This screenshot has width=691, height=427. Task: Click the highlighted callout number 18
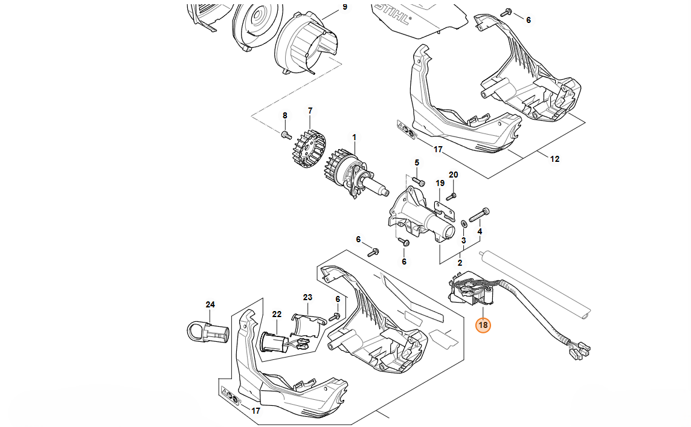pos(483,326)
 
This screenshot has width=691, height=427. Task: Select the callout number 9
pos(345,7)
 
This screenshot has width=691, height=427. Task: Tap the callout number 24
pos(210,304)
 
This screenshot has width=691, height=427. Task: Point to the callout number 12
pos(554,159)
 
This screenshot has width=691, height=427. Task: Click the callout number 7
pos(310,111)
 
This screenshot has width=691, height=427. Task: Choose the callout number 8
pos(284,115)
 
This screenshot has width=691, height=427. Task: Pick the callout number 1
pos(355,137)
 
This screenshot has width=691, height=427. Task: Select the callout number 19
pos(440,183)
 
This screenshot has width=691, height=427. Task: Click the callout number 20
pos(453,175)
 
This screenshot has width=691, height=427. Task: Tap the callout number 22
pos(277,314)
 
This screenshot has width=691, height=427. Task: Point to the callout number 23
pos(307,297)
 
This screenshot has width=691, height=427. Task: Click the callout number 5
pos(416,163)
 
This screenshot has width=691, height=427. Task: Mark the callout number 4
pos(480,232)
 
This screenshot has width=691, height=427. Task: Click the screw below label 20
pos(453,195)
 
